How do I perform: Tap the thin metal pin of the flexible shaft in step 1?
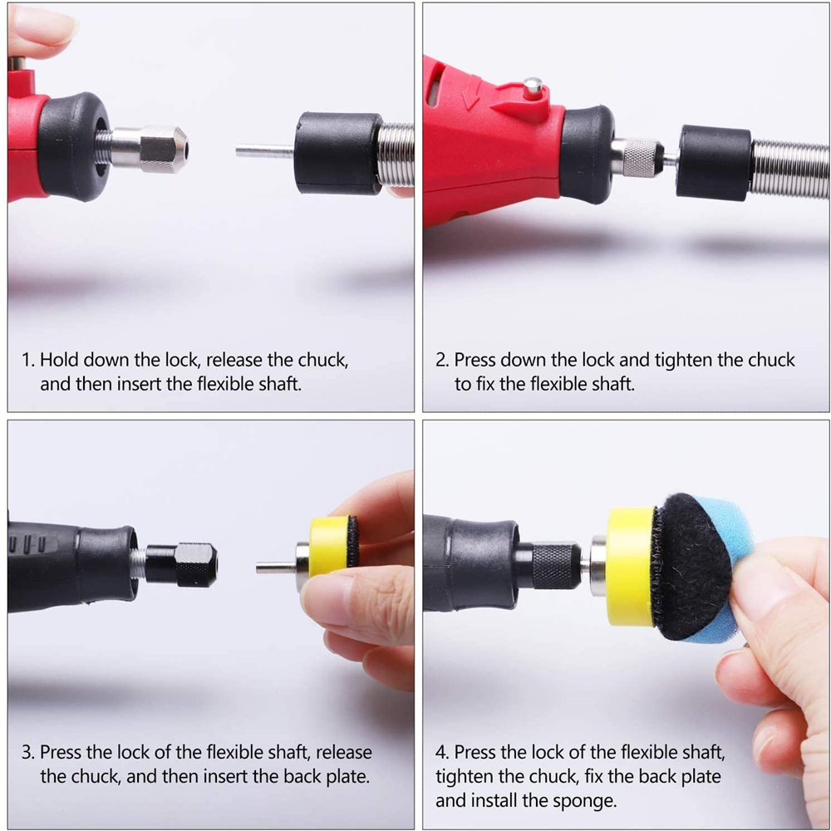264,151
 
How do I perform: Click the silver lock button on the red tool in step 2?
532,88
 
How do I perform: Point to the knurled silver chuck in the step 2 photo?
639,157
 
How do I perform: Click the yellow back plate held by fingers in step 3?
332,545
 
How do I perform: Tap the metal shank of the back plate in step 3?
277,568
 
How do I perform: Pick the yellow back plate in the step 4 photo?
631,566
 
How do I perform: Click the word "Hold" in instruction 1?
59,360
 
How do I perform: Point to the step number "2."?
443,361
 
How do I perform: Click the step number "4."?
443,753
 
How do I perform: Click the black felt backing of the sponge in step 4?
691,566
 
